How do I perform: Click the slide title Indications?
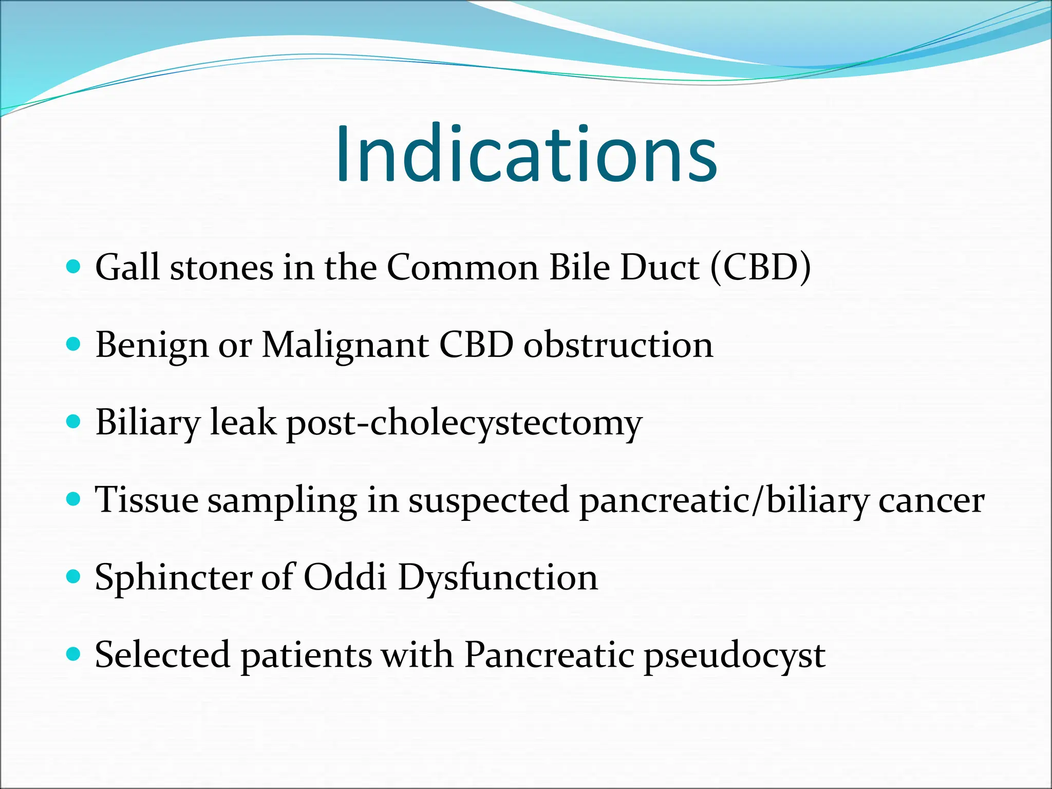(526, 154)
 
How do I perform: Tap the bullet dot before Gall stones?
(74, 267)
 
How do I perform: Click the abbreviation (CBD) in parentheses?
(760, 268)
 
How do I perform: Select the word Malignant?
(345, 345)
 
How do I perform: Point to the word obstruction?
(618, 345)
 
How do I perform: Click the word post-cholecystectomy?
(464, 423)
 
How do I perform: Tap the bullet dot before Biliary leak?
(74, 422)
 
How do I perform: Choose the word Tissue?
(147, 500)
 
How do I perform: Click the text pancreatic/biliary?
(724, 501)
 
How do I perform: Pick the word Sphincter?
(173, 578)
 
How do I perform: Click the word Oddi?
(345, 577)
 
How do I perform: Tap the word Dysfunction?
(498, 578)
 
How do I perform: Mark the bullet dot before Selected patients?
(74, 654)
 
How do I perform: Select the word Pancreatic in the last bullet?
(549, 655)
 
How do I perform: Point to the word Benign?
(152, 346)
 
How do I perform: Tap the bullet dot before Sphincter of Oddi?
(74, 576)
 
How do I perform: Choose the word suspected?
(489, 501)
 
